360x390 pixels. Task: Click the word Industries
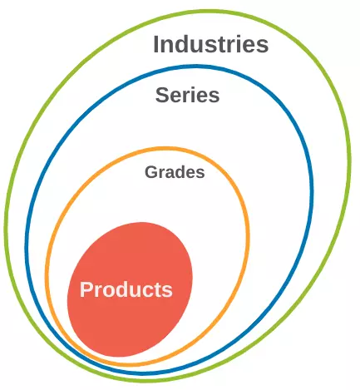[210, 44]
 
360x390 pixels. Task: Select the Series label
[187, 95]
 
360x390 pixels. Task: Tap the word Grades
[175, 172]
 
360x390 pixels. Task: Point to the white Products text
[126, 289]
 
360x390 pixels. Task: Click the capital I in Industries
[155, 44]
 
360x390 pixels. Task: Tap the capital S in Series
[161, 95]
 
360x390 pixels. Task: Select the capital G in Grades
[151, 172]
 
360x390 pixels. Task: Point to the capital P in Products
[86, 289]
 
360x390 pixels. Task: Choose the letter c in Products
[151, 292]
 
